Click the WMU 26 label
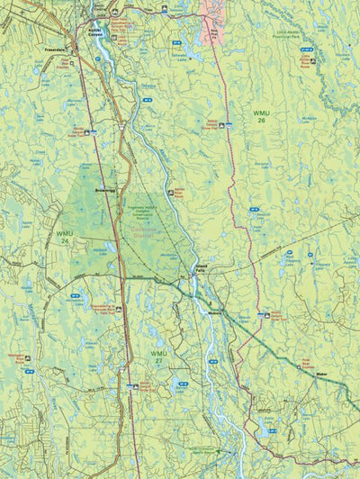(260, 117)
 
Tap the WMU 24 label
(64, 237)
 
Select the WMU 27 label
(158, 357)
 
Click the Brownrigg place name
(95, 192)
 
